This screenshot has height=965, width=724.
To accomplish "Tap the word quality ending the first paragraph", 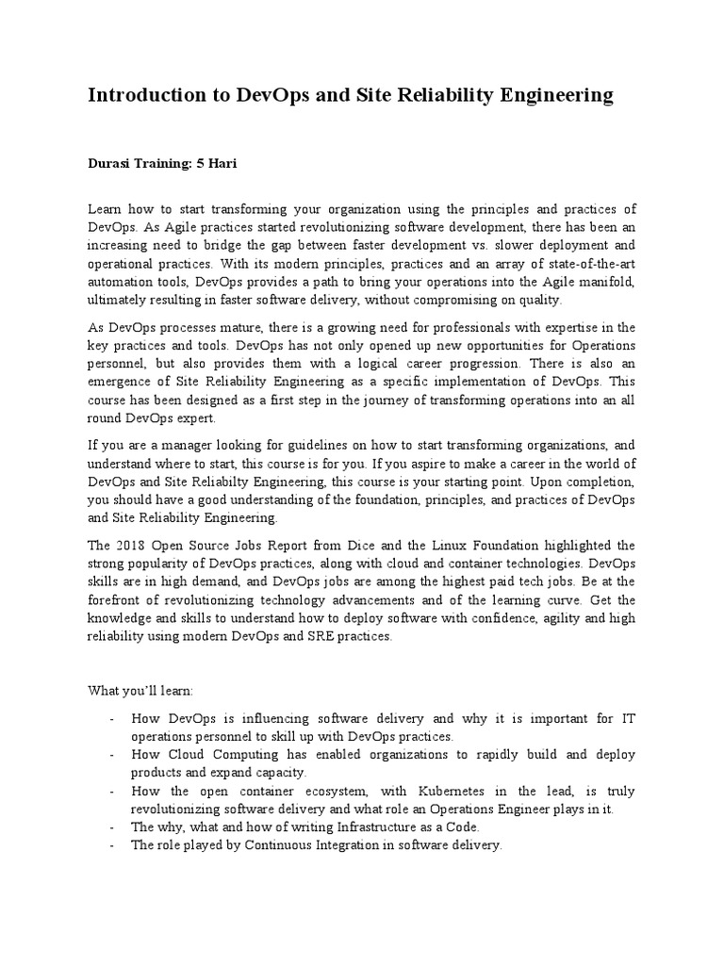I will point(535,300).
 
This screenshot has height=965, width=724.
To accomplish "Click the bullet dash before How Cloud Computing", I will point(111,755).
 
